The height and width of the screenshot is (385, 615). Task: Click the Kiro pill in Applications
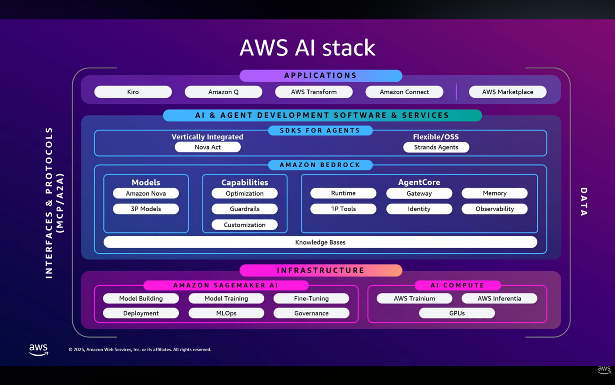coord(133,92)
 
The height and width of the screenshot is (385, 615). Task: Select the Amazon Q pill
coord(223,92)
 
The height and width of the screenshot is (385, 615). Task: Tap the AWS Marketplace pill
coord(508,92)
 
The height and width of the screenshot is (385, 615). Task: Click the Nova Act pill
coord(208,147)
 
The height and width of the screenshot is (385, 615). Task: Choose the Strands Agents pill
coord(436,147)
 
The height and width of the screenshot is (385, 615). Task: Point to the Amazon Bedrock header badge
coord(320,165)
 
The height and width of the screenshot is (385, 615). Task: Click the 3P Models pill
coord(146,209)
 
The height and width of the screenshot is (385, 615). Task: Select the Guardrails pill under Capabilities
coord(244,209)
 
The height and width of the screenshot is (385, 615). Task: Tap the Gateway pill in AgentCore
coord(419,193)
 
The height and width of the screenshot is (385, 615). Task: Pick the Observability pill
coord(495,209)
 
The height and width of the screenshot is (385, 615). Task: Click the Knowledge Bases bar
coord(320,242)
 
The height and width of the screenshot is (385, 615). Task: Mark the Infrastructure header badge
coord(321,270)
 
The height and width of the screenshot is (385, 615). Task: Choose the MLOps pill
coord(226,313)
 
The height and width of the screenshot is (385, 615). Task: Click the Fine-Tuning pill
coord(311,298)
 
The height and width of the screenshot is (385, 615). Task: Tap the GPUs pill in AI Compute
coord(457,313)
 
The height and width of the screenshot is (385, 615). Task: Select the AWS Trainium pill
coord(414,298)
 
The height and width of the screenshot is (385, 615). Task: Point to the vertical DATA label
coord(584,202)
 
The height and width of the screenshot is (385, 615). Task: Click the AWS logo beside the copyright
coord(39,349)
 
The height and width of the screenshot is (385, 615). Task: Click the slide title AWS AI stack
coord(307,48)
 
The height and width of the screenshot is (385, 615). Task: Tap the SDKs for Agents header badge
coord(320,130)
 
